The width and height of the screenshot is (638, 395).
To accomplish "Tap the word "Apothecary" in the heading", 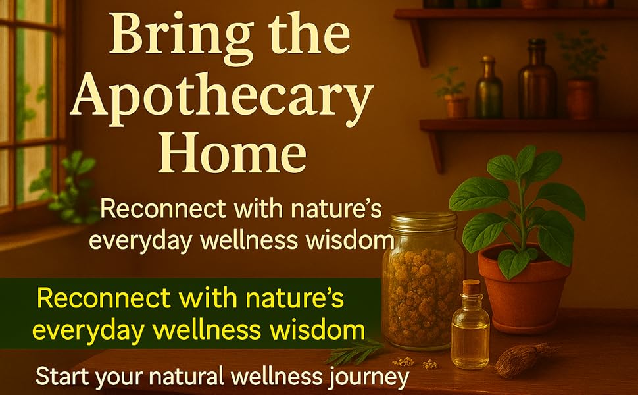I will (221, 99).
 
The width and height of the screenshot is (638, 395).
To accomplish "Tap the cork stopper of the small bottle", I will (471, 288).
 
